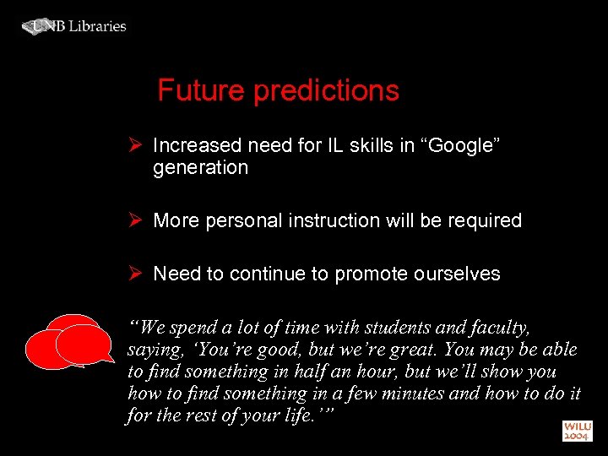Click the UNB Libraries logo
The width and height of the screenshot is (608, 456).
pos(73,26)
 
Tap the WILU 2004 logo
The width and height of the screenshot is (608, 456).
pos(578,431)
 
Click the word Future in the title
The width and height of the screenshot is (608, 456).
pos(199,90)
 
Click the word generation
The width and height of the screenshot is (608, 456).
pos(200,168)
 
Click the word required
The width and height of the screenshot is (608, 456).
pos(485,221)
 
